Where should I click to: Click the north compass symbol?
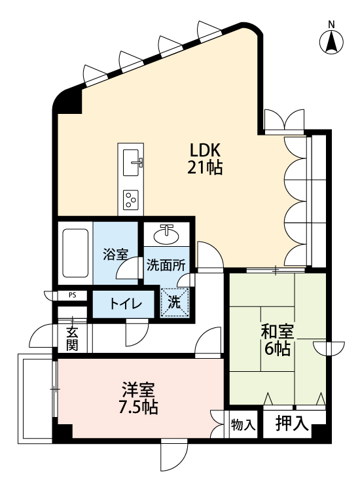pos(332,41)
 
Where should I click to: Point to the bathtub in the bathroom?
pos(74,253)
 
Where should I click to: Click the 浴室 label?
pos(115,254)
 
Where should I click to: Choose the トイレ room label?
pos(122,304)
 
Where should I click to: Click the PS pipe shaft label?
pos(72,295)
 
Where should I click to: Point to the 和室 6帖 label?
pos(277,339)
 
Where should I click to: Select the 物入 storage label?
pos(243,424)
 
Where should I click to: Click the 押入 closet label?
pos(292,423)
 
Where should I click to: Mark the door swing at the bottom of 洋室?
pos(172,452)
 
